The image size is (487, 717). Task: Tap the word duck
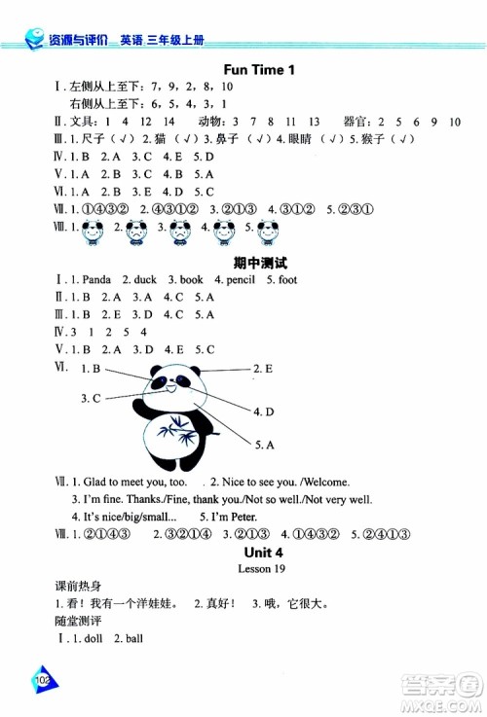pyautogui.click(x=145, y=280)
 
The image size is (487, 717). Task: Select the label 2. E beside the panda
pyautogui.click(x=263, y=369)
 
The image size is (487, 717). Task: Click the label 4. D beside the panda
pyautogui.click(x=264, y=412)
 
